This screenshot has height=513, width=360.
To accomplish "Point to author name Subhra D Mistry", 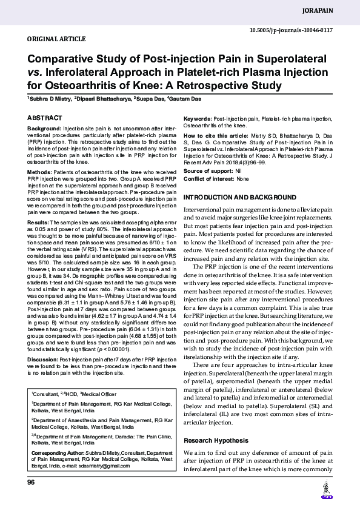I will [50, 98].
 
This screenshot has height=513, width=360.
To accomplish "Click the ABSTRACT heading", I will [44, 118].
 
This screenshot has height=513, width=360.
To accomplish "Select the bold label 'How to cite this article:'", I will [215, 135].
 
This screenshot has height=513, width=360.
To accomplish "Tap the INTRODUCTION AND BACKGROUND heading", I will [239, 198].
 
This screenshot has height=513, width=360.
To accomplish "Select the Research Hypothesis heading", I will [215, 440].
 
